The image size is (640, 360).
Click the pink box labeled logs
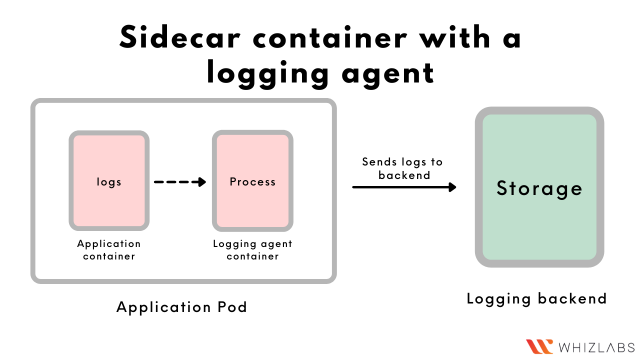(x=109, y=182)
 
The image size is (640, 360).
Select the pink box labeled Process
(x=252, y=182)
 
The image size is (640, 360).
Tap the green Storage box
(x=539, y=188)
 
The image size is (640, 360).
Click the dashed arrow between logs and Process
(x=179, y=182)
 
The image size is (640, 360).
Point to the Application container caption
(x=109, y=249)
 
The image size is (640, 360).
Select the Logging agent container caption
(x=252, y=249)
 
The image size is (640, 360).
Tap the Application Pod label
(x=181, y=307)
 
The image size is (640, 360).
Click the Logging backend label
(x=537, y=298)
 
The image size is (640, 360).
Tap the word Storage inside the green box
(x=539, y=188)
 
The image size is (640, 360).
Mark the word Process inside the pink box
(x=252, y=182)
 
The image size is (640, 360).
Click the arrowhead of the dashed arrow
(x=200, y=182)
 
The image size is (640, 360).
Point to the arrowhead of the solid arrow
(x=452, y=187)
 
